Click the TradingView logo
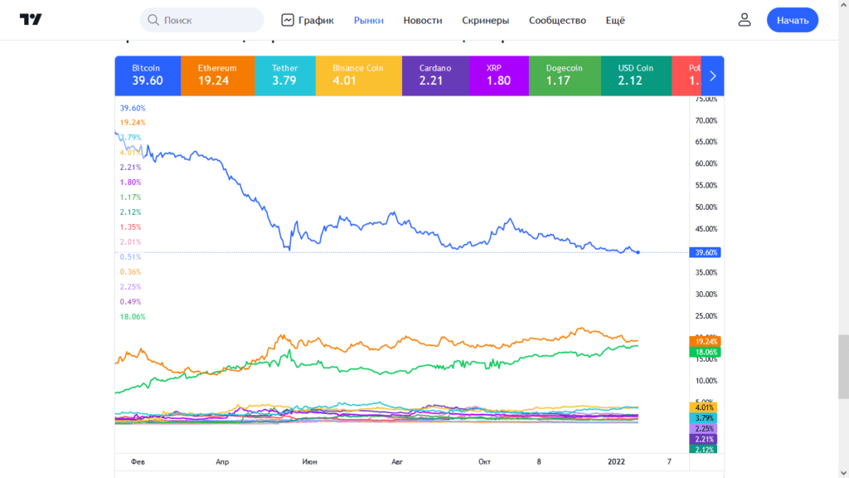click(x=32, y=20)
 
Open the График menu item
click(x=308, y=20)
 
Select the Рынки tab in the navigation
click(x=368, y=20)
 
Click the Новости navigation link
click(x=423, y=20)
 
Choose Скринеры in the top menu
click(x=485, y=20)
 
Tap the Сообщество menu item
click(x=557, y=20)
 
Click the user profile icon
click(x=745, y=20)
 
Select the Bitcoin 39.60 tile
click(x=147, y=76)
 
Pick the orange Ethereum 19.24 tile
click(x=217, y=76)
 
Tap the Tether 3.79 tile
click(x=285, y=76)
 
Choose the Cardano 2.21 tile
click(x=434, y=76)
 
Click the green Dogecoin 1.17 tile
click(x=564, y=76)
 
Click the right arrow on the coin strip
click(x=712, y=76)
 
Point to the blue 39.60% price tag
click(x=704, y=252)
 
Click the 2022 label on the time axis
click(x=616, y=461)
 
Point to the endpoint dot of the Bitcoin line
click(x=638, y=252)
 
